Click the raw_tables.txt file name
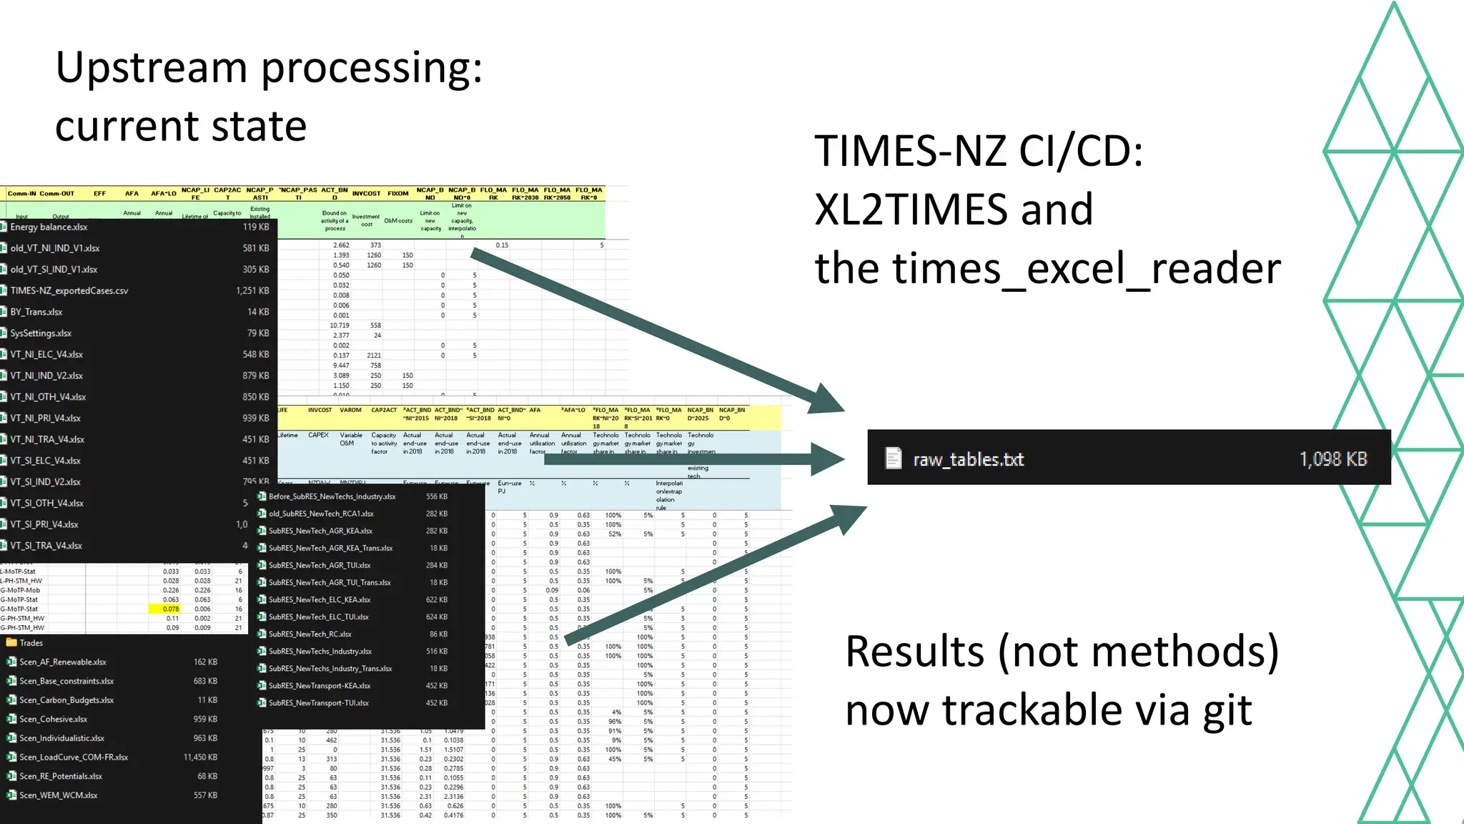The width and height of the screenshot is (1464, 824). pyautogui.click(x=968, y=459)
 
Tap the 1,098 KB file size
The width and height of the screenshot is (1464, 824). pyautogui.click(x=1332, y=459)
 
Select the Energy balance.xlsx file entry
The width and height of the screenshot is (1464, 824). pyautogui.click(x=49, y=227)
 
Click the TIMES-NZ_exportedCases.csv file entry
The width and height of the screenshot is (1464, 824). pyautogui.click(x=69, y=290)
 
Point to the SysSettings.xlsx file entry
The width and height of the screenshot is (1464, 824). pyautogui.click(x=41, y=333)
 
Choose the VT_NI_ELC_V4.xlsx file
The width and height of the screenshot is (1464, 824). pyautogui.click(x=46, y=354)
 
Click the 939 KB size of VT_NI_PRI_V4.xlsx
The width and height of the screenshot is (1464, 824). pyautogui.click(x=255, y=418)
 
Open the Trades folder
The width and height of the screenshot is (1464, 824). pyautogui.click(x=31, y=642)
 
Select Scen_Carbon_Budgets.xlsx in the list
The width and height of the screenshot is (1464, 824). pyautogui.click(x=66, y=700)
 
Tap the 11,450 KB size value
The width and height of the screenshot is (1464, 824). pyautogui.click(x=200, y=757)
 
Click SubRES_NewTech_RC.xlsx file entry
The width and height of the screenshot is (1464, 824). pyautogui.click(x=310, y=634)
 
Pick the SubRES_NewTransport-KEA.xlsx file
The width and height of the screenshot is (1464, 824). pyautogui.click(x=319, y=685)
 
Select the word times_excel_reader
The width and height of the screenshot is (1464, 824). pyautogui.click(x=1102, y=270)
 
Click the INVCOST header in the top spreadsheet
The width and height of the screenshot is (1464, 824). pyautogui.click(x=366, y=193)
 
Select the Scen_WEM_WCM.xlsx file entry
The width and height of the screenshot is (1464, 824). pyautogui.click(x=58, y=795)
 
